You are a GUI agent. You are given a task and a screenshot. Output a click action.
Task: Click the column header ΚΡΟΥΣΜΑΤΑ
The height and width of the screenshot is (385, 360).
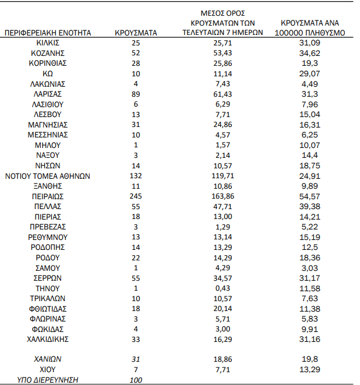click(x=136, y=33)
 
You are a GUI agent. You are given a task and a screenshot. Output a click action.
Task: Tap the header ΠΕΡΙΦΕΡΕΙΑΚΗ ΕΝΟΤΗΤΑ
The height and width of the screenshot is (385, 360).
click(x=48, y=33)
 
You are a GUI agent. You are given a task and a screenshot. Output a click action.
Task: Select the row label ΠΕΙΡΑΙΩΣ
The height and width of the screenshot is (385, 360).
click(x=48, y=196)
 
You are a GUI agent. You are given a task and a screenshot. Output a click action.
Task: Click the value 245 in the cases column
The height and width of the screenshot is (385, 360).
click(x=136, y=196)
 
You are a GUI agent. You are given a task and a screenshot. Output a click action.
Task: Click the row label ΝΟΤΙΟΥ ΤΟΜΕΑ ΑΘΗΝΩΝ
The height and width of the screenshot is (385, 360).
click(x=48, y=175)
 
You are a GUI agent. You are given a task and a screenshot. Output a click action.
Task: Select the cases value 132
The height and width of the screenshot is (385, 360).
click(x=136, y=175)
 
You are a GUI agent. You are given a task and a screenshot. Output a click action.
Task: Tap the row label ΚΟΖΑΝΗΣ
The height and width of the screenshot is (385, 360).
click(x=48, y=53)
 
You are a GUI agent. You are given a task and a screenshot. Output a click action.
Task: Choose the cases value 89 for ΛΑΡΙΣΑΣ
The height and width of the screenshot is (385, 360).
click(x=136, y=94)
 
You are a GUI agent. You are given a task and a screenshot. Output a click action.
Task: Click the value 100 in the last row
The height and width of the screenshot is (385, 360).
click(x=136, y=380)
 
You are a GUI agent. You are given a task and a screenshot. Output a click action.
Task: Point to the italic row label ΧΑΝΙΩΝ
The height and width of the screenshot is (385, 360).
click(x=48, y=359)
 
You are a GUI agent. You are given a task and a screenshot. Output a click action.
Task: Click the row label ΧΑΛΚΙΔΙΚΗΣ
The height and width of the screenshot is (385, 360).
click(x=48, y=339)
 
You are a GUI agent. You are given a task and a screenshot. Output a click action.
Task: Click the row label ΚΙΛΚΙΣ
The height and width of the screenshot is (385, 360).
click(x=48, y=43)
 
